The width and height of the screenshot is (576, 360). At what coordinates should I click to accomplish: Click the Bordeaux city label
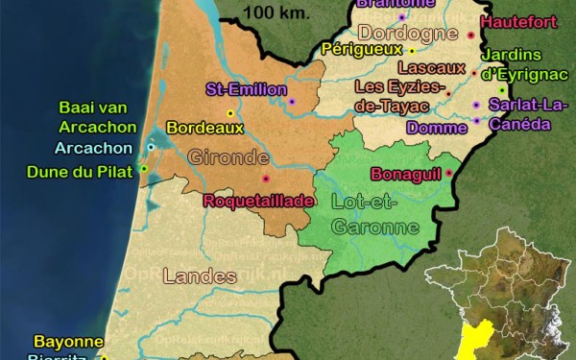(x=204, y=127)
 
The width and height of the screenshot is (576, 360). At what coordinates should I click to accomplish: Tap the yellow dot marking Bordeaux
(x=230, y=113)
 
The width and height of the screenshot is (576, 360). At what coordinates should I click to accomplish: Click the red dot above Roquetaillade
(x=266, y=179)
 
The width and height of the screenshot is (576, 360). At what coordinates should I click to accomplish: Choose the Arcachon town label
(x=93, y=148)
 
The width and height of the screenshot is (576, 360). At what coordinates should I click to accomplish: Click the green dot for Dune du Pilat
(x=144, y=169)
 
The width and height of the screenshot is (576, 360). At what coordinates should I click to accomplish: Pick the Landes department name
(x=200, y=276)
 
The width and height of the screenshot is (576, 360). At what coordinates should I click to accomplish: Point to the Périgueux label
(x=363, y=48)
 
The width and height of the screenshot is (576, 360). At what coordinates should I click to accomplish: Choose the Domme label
(x=437, y=127)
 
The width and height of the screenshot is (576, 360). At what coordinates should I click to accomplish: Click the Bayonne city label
(x=68, y=341)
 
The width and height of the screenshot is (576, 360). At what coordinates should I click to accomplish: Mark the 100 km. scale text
(x=272, y=12)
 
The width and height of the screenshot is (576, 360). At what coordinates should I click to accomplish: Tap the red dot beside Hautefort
(x=471, y=35)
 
